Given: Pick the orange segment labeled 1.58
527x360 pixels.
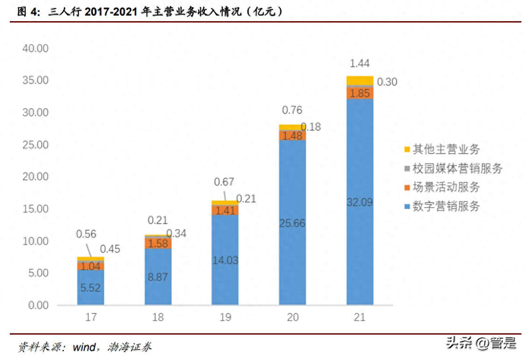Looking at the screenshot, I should (x=157, y=243).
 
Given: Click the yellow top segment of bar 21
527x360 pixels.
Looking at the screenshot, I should (x=360, y=81).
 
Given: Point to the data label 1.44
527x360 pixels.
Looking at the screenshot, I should (x=360, y=63).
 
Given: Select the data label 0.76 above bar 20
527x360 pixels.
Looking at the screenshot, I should (x=292, y=110).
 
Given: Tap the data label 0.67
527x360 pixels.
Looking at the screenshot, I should (x=225, y=182).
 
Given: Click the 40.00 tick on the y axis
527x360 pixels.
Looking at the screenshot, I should (x=36, y=48).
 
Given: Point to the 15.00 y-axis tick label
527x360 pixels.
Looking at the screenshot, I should (x=36, y=209).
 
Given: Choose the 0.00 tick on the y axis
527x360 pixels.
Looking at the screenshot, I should (x=38, y=305).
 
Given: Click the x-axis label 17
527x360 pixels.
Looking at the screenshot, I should (x=90, y=318).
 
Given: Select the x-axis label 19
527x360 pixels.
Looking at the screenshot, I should (x=225, y=318).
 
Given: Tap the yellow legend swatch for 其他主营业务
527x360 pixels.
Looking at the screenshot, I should (x=406, y=150).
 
